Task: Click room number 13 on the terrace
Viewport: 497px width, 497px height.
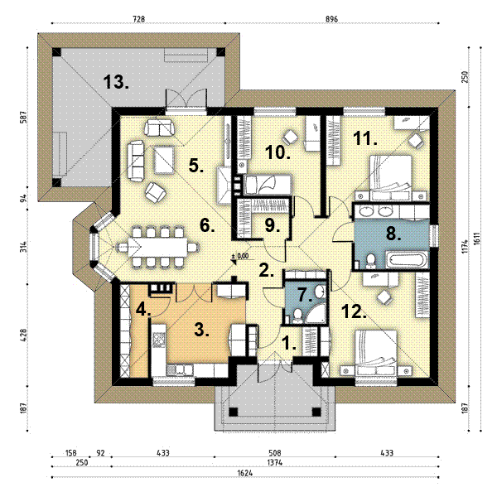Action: point(116,82)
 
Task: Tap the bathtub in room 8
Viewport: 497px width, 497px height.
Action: point(408,259)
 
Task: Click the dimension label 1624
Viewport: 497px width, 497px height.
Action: point(245,473)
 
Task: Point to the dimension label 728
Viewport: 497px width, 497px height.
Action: point(138,19)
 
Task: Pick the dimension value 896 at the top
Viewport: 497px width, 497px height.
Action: point(331,19)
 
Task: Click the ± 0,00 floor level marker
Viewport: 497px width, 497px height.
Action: point(240,257)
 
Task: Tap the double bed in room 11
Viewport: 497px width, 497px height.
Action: point(391,178)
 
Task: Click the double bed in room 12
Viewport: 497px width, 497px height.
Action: point(376,353)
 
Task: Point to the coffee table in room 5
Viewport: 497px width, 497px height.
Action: point(164,159)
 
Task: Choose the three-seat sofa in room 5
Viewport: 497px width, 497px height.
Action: point(136,162)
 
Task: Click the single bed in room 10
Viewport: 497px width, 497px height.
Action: point(268,185)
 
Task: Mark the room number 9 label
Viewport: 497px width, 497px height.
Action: point(273,225)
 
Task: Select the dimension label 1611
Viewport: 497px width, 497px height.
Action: point(477,239)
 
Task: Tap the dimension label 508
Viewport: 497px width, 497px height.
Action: point(274,452)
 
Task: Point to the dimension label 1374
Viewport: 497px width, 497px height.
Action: point(274,462)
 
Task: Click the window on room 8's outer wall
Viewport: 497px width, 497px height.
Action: point(433,235)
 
